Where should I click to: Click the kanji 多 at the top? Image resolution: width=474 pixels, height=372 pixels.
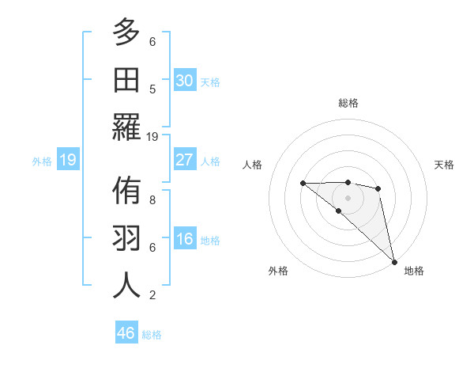pos(126,33)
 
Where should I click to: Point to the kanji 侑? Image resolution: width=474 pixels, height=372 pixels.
pos(126,192)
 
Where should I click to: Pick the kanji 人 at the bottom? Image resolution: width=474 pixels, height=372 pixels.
pos(126,284)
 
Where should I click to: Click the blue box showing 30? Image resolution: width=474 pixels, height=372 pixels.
pos(184,80)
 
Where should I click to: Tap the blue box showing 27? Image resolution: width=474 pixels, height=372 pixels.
pos(184,160)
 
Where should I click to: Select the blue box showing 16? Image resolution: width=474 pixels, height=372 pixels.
pos(184,240)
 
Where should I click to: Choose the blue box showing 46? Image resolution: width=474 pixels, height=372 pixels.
pos(126,333)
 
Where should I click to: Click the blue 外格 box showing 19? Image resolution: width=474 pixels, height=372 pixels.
pos(67,161)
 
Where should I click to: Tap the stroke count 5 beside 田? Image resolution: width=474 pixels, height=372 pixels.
pos(152,89)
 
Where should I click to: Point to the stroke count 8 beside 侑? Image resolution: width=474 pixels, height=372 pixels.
pos(152,200)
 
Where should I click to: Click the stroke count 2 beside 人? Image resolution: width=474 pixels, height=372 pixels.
pos(152,295)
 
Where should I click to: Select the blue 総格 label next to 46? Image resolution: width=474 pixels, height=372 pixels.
pos(152,335)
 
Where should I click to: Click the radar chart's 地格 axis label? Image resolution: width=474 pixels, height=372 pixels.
pos(414,271)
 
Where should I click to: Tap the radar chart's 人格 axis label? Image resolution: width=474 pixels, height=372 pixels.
pos(252,165)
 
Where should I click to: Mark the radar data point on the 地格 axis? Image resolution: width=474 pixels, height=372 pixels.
pos(394,260)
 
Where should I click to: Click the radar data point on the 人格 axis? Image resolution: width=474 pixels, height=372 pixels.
pos(303,183)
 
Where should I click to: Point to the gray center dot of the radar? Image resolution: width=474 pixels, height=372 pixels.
pos(348,197)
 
